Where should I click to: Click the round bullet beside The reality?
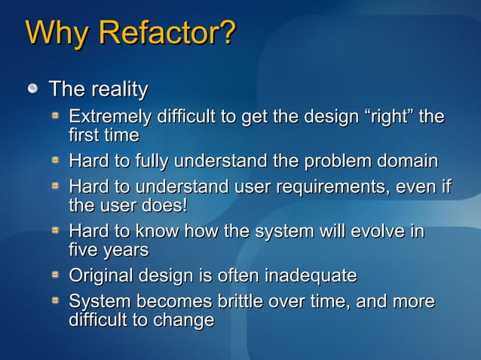[x=32, y=90]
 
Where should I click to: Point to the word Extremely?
[x=109, y=117]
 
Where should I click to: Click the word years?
[x=124, y=249]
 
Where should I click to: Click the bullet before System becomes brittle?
[x=55, y=301]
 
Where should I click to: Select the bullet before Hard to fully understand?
[x=55, y=160]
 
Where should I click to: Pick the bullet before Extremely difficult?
[x=55, y=117]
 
